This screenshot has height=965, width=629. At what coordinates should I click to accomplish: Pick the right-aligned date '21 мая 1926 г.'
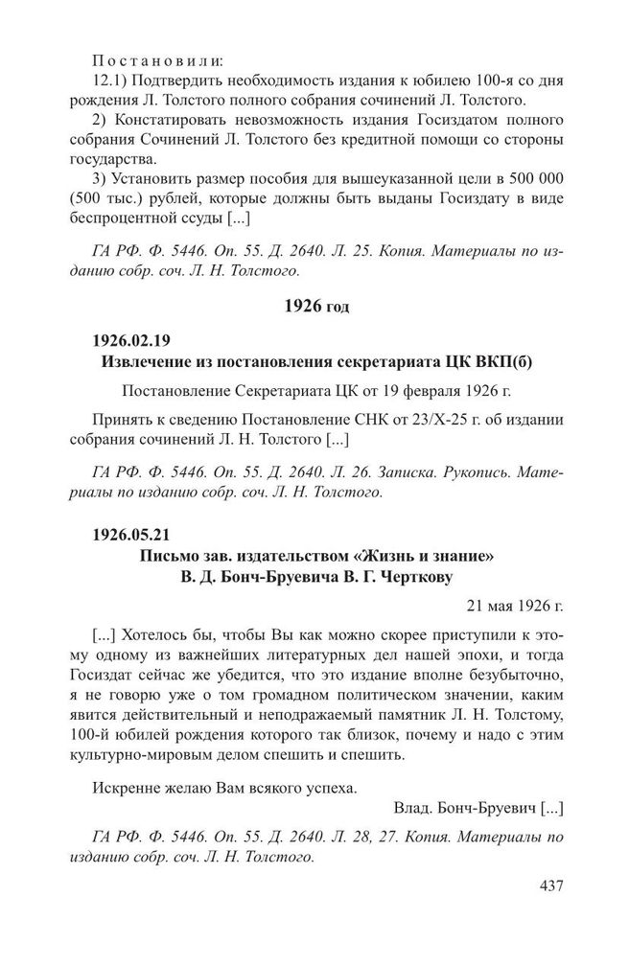click(516, 607)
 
